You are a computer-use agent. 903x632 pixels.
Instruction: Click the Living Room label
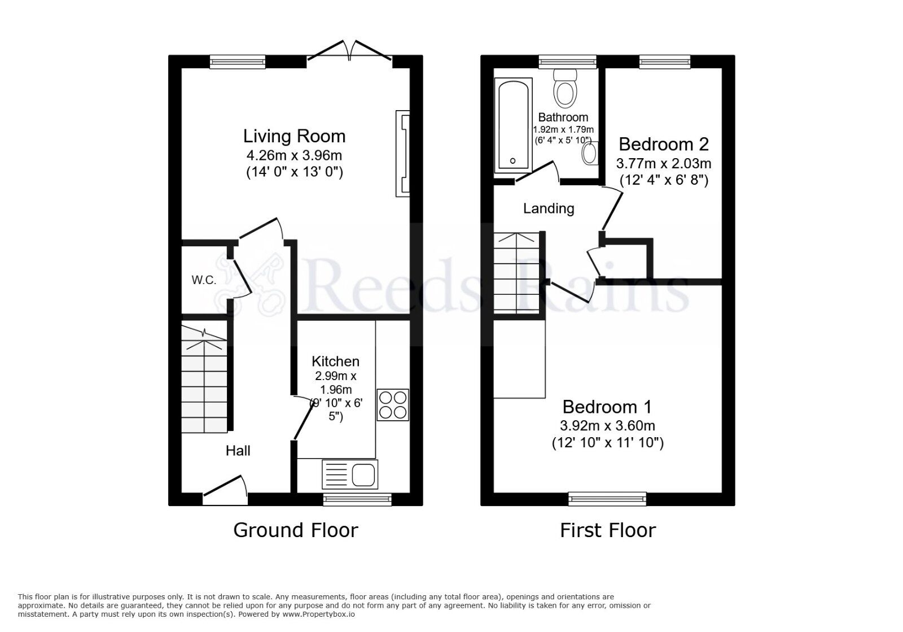coord(294,136)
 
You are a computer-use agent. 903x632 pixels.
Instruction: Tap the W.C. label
coord(204,280)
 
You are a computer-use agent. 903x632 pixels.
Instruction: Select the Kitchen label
coord(335,361)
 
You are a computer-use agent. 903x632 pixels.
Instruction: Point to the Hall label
coord(238,451)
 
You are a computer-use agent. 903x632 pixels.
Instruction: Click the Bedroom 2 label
coord(663,145)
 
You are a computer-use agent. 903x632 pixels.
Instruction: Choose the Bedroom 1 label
coord(607,407)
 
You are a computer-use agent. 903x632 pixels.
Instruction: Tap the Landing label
coord(549,208)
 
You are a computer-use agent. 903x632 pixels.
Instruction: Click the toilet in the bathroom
coord(565,89)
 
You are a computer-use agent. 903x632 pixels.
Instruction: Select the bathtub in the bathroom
coord(513,125)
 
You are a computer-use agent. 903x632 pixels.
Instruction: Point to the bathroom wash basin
coord(590,152)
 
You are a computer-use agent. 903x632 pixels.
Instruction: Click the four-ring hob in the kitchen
coord(393,405)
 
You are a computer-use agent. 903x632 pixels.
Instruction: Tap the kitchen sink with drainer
coord(350,474)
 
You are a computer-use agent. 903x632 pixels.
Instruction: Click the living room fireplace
coord(403,154)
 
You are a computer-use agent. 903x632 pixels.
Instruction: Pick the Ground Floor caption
coord(295,530)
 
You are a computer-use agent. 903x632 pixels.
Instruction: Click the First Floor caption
coord(607,530)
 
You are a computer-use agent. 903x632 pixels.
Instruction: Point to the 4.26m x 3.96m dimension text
coord(294,155)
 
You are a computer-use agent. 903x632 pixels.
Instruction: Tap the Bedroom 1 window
coord(607,499)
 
